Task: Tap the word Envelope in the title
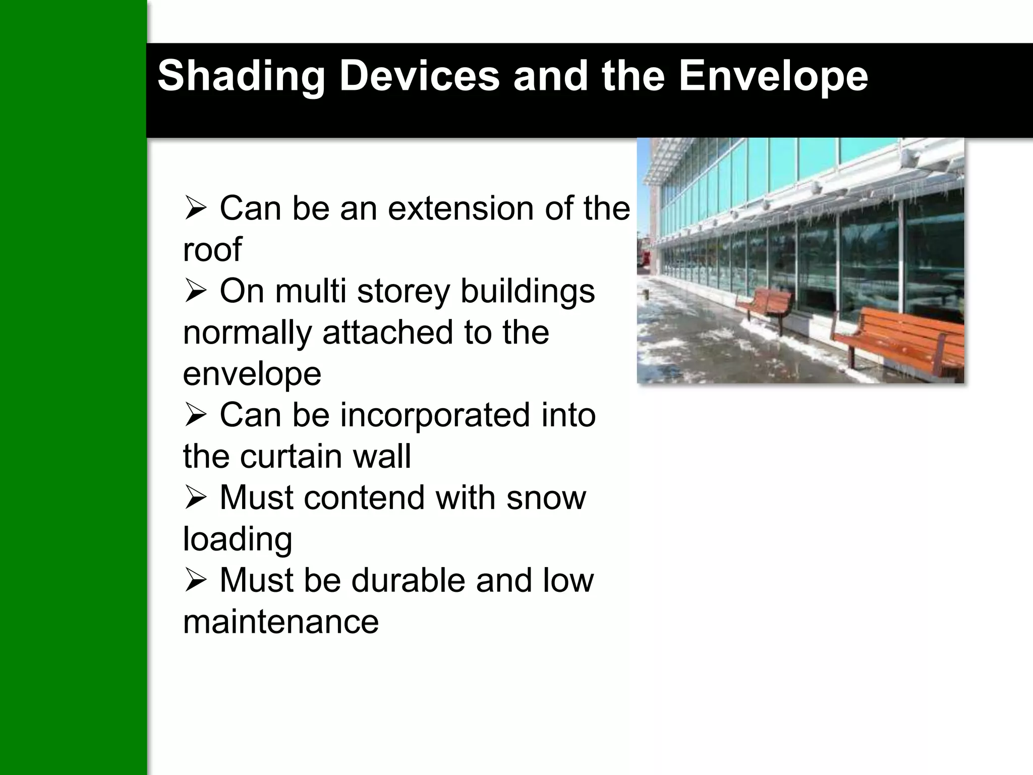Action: pyautogui.click(x=773, y=77)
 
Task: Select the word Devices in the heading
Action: pyautogui.click(x=419, y=77)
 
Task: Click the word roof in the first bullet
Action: pyautogui.click(x=212, y=249)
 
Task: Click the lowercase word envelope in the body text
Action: pyautogui.click(x=252, y=374)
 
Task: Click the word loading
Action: pyautogui.click(x=237, y=539)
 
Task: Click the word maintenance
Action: pyautogui.click(x=280, y=621)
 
